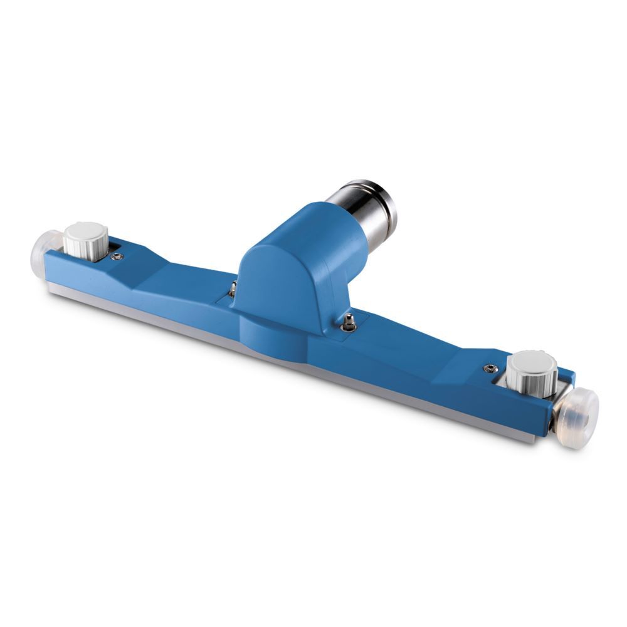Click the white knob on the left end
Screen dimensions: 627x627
tap(87, 240)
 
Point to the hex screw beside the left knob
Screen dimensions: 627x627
tap(117, 256)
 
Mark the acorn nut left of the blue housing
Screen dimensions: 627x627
tap(233, 289)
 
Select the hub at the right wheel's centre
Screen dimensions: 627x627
tap(584, 419)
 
